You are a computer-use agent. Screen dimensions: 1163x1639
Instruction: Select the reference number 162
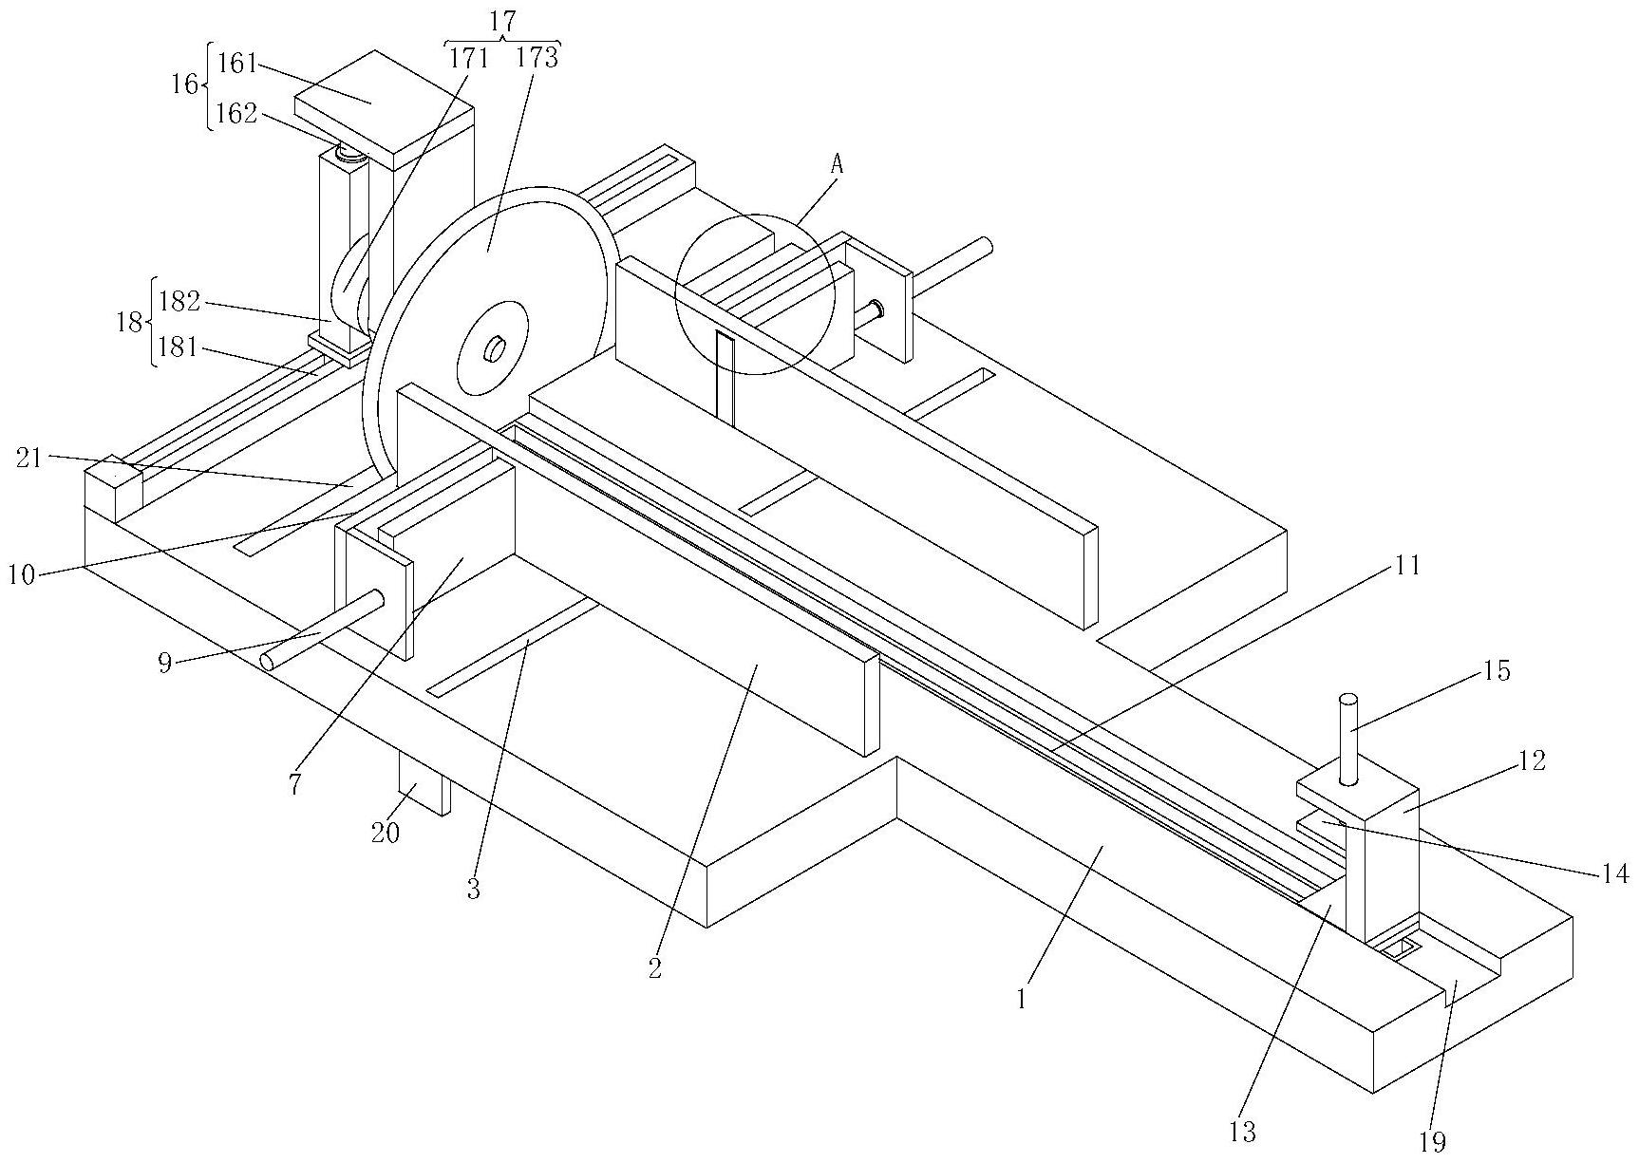coord(236,114)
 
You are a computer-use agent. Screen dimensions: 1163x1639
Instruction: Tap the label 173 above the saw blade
coord(537,58)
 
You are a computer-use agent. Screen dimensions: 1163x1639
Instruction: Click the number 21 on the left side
coord(29,458)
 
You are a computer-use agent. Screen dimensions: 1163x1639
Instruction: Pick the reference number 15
coord(1496,670)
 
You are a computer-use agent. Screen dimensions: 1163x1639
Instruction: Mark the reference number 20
coord(386,833)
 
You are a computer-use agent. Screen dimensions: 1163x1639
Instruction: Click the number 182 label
coord(179,302)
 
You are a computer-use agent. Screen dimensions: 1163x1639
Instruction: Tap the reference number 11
coord(1407,566)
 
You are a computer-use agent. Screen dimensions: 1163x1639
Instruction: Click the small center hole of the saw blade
coord(495,350)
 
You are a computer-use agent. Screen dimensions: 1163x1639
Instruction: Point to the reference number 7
coord(295,784)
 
